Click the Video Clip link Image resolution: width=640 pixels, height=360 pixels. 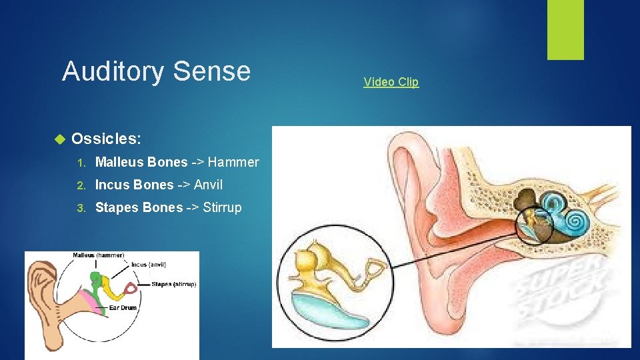pos(391,82)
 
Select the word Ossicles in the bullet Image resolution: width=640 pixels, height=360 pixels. pos(105,139)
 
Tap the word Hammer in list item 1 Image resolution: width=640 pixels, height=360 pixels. pos(233,162)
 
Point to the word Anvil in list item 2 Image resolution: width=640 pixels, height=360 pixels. pos(208,185)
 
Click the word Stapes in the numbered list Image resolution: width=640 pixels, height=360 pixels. pos(117,207)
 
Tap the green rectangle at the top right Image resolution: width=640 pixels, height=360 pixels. pos(565,29)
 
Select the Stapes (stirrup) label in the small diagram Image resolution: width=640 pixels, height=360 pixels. pos(174,284)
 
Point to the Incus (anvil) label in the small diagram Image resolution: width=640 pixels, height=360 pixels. pos(147,265)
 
